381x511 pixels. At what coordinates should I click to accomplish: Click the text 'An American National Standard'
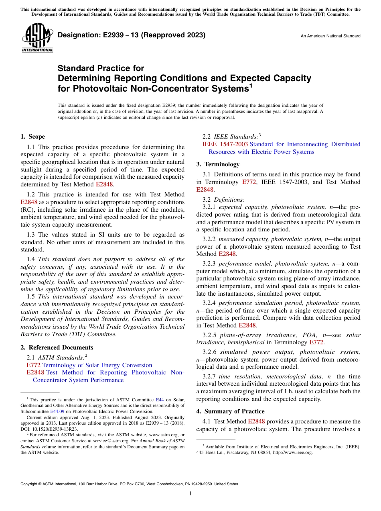[330, 36]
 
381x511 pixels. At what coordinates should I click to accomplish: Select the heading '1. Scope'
[32, 137]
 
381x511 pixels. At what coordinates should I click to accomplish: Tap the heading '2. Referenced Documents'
[57, 347]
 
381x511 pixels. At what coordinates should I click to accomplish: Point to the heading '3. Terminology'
[218, 164]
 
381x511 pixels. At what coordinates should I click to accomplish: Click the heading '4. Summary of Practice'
[230, 411]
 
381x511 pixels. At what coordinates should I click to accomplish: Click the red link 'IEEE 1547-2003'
[225, 144]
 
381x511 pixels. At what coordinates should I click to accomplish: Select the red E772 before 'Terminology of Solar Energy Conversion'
[33, 365]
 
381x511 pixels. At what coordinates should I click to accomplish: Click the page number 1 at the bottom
[190, 493]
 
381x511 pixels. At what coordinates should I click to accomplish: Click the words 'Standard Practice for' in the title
[101, 68]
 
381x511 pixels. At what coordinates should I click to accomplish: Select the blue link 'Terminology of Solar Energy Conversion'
[97, 365]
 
